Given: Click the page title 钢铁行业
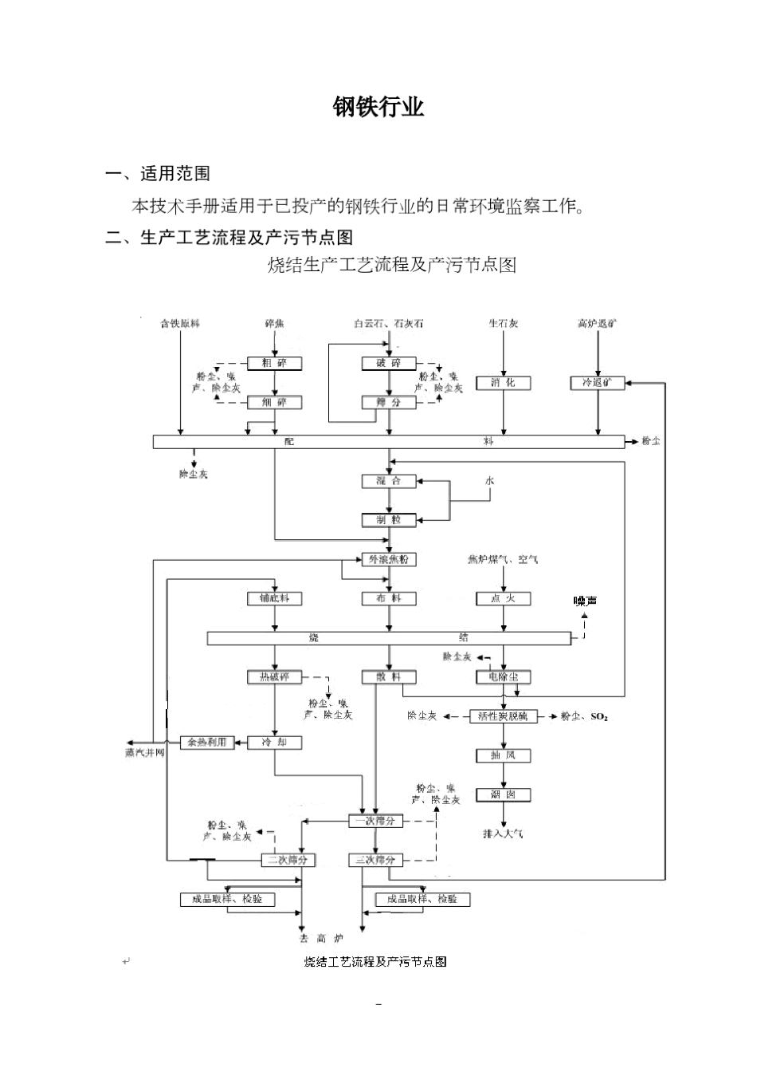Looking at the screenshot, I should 378,108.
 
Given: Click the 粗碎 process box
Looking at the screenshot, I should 274,364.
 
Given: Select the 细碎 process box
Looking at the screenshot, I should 274,403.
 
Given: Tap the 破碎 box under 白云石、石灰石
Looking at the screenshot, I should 389,364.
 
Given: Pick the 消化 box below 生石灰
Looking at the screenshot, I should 503,383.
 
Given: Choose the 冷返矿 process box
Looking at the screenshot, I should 598,383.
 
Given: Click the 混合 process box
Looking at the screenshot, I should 389,481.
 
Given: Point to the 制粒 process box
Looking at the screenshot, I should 389,520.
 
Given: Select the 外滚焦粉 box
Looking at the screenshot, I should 389,559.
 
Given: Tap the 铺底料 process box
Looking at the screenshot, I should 274,598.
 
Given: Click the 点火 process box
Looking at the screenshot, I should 503,598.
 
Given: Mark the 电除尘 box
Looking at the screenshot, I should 503,677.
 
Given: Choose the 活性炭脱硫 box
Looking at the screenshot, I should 503,716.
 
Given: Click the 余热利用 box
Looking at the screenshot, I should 207,742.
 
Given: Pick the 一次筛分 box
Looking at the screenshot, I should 376,821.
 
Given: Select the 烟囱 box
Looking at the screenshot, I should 503,794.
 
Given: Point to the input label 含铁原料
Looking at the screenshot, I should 180,324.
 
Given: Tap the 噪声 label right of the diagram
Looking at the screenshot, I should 586,601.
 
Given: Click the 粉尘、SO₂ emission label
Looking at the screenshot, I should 584,717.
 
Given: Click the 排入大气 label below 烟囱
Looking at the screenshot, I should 503,834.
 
